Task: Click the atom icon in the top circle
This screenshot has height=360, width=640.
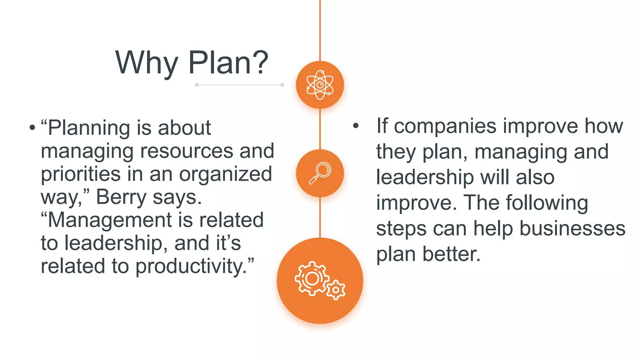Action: click(320, 85)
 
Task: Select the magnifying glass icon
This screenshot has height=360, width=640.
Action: click(320, 173)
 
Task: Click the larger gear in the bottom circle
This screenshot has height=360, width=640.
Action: click(312, 278)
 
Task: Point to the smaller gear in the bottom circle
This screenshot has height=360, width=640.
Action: click(336, 290)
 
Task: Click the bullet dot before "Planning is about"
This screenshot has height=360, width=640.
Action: click(32, 127)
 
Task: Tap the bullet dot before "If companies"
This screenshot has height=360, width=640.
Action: click(356, 126)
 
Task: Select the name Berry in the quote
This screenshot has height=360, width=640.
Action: click(121, 197)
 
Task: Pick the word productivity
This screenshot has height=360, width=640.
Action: click(191, 266)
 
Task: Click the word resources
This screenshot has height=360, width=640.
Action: click(187, 151)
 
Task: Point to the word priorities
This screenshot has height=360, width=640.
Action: click(81, 174)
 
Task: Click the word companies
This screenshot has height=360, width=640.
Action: click(445, 126)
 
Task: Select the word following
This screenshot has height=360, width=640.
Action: click(547, 203)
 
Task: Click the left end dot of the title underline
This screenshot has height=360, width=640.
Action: click(197, 85)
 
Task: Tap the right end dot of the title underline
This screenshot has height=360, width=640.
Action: click(282, 85)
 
